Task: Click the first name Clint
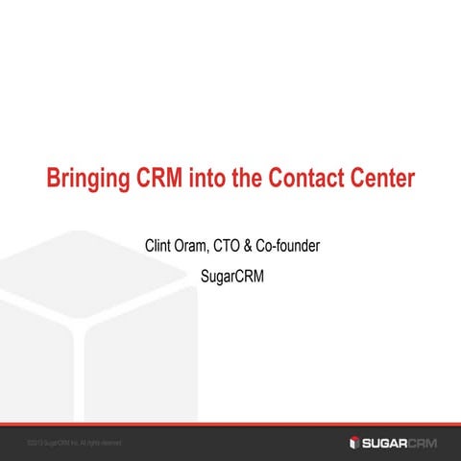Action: coord(157,247)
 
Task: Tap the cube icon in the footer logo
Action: coord(354,442)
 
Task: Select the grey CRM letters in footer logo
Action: coord(426,442)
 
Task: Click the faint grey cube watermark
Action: coord(96,317)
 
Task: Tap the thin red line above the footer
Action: coord(230,424)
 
